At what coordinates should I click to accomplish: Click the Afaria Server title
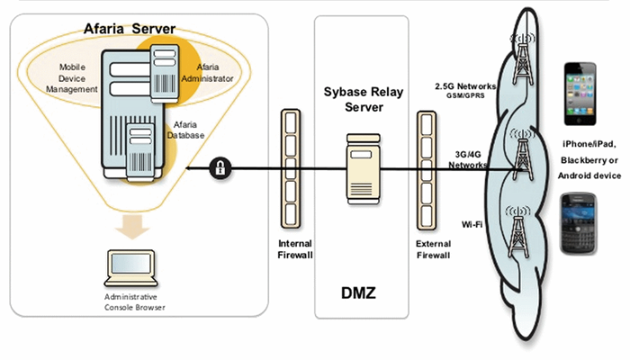(131, 29)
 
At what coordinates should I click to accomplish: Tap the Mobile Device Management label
(72, 78)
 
